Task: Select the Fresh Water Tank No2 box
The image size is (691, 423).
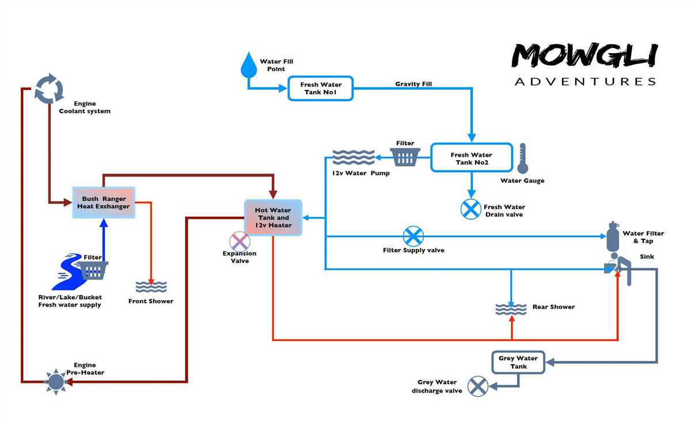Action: point(471,158)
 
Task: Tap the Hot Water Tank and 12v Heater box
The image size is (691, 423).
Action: point(273,218)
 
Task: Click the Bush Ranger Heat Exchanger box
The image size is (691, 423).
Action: point(104,203)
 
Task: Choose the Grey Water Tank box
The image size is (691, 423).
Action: point(518,362)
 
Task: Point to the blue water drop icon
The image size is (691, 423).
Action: point(249,65)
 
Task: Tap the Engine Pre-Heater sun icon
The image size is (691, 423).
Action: point(56,381)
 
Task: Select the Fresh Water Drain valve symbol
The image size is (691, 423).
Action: point(471,209)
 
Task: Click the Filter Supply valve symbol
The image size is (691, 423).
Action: point(413,236)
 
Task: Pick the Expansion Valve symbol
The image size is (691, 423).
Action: point(240,241)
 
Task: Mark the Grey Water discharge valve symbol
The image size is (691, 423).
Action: point(477,386)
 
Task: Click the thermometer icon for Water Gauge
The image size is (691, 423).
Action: point(522,159)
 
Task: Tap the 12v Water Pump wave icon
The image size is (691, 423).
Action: point(354,157)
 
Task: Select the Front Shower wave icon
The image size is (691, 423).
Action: point(151,287)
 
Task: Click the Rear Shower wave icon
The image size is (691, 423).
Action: point(511,309)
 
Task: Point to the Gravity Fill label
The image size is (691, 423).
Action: point(413,84)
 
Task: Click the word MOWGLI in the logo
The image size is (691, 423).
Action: point(584,56)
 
